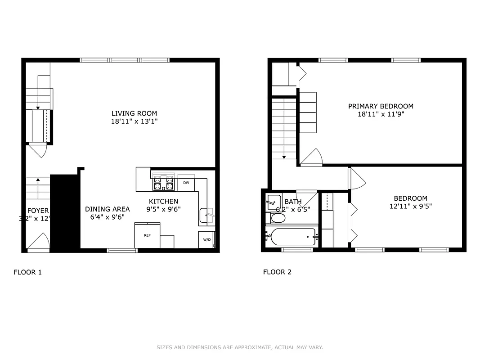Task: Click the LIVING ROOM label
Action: coord(134,113)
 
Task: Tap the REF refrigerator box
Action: coord(147,235)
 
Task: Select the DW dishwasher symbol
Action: coord(186,183)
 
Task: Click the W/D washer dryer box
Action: coord(207,239)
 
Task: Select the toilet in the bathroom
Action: coord(278,218)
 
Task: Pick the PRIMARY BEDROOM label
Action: coord(381,106)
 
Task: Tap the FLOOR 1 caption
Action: coord(28,272)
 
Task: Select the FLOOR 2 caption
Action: coord(277,272)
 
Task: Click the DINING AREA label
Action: coord(108,209)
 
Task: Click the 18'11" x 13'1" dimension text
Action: coord(134,121)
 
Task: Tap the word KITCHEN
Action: coord(164,201)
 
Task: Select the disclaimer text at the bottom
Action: coord(240,347)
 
